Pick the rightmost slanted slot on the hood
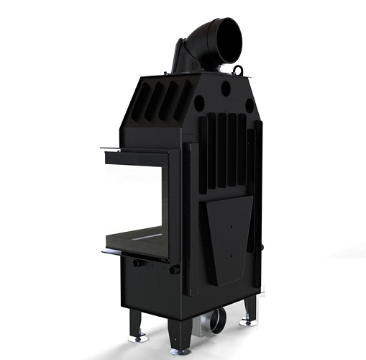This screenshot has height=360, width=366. pyautogui.click(x=187, y=98)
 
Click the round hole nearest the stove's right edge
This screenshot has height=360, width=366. pyautogui.click(x=250, y=105)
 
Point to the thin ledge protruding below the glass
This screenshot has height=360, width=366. pyautogui.click(x=115, y=253)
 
